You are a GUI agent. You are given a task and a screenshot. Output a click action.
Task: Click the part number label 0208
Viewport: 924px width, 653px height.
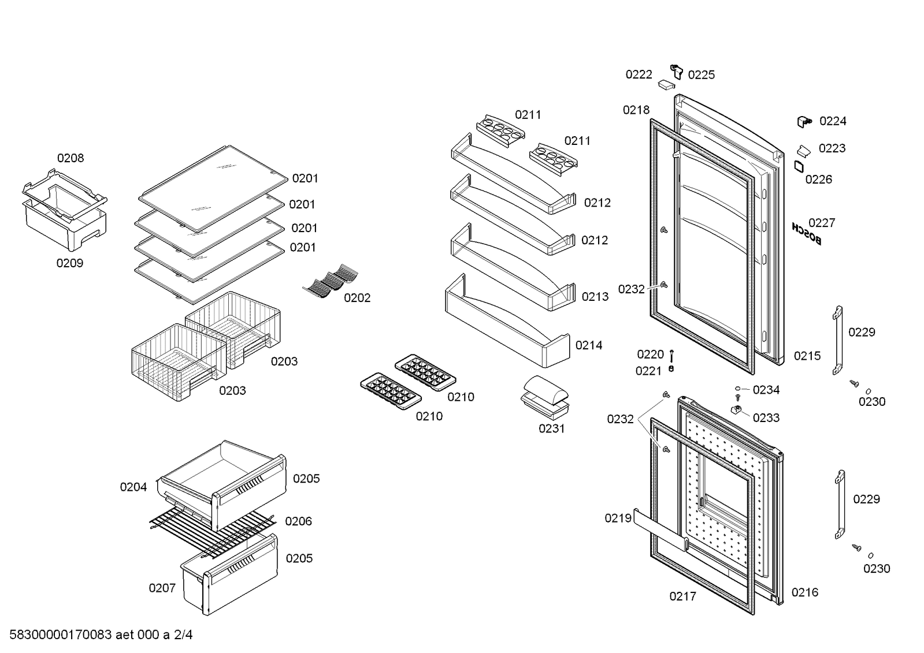pos(70,158)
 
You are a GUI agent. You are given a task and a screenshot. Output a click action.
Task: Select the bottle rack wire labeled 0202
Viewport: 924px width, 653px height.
pos(331,279)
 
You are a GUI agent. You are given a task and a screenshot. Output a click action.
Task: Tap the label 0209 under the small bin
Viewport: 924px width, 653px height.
pos(69,263)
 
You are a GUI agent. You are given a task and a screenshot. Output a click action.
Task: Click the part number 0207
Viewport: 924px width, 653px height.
pos(162,588)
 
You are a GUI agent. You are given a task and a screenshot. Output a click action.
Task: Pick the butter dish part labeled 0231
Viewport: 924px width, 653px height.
pos(546,395)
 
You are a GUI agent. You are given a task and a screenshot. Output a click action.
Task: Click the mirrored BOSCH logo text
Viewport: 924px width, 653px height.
pos(806,234)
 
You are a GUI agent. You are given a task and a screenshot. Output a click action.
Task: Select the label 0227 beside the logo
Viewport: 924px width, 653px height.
pos(821,223)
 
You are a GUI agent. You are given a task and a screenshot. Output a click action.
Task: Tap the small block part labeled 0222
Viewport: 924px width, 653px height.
pos(666,84)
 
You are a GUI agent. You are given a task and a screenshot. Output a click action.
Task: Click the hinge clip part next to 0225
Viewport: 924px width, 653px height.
pos(677,71)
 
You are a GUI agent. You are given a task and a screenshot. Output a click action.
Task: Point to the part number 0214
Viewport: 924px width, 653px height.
pos(589,345)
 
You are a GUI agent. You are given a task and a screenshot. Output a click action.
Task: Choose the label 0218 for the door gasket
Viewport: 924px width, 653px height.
pos(636,110)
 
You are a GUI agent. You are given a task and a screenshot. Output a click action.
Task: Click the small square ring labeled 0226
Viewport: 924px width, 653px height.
pos(799,166)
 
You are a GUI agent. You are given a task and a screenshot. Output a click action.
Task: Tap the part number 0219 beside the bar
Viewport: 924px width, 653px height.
pos(618,518)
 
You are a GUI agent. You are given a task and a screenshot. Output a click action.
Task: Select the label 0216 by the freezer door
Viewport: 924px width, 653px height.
pos(804,592)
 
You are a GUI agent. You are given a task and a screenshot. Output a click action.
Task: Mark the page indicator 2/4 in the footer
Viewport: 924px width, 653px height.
pos(183,635)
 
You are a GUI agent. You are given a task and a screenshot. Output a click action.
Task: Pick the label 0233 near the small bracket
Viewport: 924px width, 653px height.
pos(766,417)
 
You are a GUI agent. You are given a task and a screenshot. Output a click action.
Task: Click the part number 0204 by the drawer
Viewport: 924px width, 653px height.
pos(133,487)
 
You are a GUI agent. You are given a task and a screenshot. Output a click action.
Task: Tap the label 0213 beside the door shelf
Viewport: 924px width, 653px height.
pos(595,297)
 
